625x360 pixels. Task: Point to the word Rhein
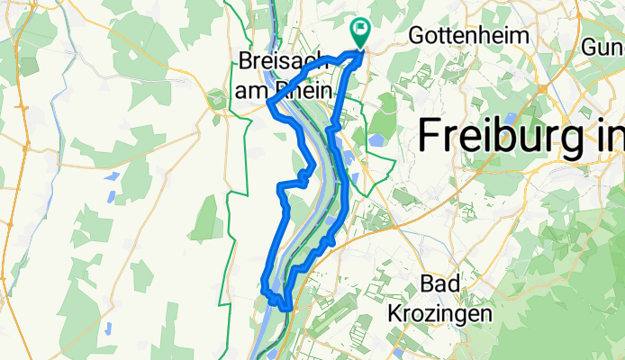[303, 90]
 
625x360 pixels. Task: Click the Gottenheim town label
[467, 34]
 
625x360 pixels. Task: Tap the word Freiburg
[504, 137]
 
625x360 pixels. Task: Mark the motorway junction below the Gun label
[544, 88]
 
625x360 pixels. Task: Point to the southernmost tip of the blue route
[286, 309]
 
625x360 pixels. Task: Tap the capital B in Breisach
[248, 61]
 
